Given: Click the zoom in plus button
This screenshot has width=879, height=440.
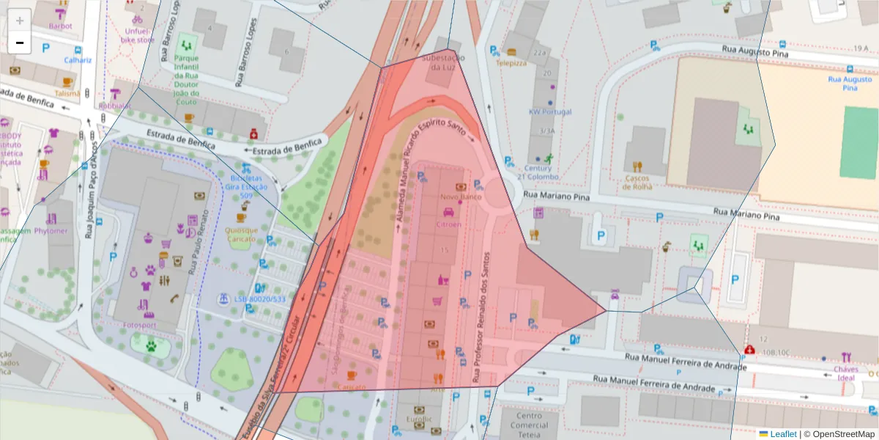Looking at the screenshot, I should [20, 20].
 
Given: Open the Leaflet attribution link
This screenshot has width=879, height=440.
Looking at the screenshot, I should [782, 433].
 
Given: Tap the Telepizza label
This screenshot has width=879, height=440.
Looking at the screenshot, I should [511, 63].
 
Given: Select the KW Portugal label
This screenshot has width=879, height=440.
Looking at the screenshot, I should [549, 112].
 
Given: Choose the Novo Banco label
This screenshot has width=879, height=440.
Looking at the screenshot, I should [460, 197].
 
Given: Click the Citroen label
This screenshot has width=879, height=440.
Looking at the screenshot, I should [448, 224].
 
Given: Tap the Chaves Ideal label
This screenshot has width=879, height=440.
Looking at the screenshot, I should [846, 374].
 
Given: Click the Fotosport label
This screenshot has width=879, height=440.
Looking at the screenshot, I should [141, 326].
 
